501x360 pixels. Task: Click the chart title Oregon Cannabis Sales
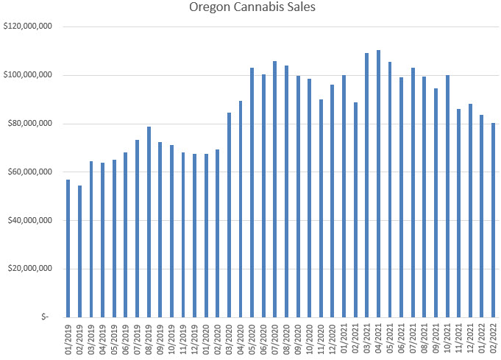pyautogui.click(x=251, y=10)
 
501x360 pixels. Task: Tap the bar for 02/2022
pyautogui.click(x=493, y=220)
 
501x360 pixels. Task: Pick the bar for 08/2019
pyautogui.click(x=149, y=222)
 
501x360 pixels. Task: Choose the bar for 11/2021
pyautogui.click(x=458, y=213)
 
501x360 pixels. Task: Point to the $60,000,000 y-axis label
pyautogui.click(x=30, y=172)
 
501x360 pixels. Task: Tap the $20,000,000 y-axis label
pyautogui.click(x=30, y=269)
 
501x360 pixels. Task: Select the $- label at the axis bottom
pyautogui.click(x=46, y=317)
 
